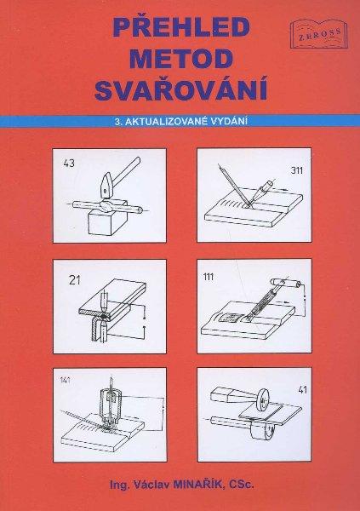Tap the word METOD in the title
pos(181,59)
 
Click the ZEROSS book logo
pos(319,33)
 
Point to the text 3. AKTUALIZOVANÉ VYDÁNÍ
pos(181,121)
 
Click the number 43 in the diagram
pos(69,163)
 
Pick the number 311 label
pos(296,170)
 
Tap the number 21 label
pos(75,280)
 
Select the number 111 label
pos(209,277)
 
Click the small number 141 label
pos(66,380)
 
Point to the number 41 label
pos(302,389)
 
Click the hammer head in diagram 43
pos(106,186)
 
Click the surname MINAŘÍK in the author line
pos(198,485)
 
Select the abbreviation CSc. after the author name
pos(241,485)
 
